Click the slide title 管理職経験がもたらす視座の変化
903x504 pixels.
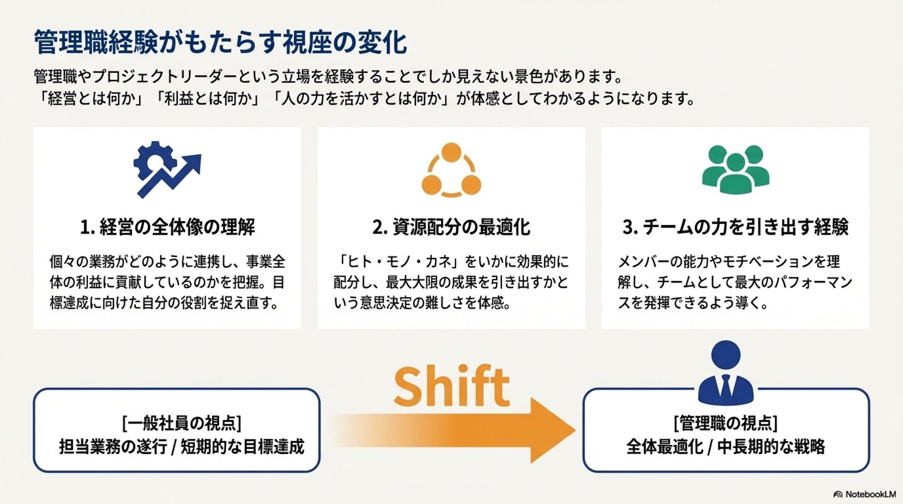[220, 43]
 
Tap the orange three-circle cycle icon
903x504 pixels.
[451, 170]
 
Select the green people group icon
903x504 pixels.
[735, 169]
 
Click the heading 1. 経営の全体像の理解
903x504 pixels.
[167, 227]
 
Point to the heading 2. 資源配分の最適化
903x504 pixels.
[451, 227]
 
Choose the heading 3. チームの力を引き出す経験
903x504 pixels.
[735, 227]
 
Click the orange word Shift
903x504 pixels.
[451, 386]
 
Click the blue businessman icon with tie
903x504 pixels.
[726, 374]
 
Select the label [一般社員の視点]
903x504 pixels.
[182, 423]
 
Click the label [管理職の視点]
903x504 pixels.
[726, 423]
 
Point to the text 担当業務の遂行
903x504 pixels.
[113, 447]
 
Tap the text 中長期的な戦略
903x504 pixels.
[771, 447]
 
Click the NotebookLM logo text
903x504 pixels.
[870, 494]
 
